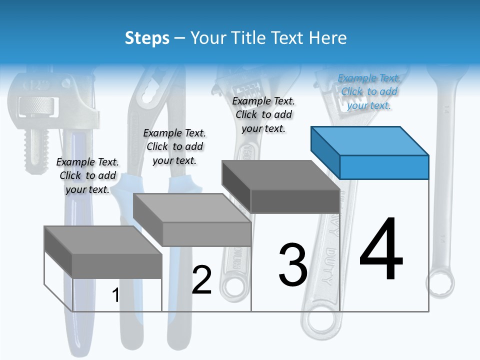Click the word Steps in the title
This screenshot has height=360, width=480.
click(147, 38)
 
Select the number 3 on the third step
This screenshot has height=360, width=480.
click(292, 265)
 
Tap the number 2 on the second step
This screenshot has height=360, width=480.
click(201, 280)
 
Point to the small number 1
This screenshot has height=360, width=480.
click(115, 295)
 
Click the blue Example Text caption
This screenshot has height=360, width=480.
click(369, 91)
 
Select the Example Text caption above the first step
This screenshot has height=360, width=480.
click(87, 175)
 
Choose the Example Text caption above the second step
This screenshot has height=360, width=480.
click(174, 146)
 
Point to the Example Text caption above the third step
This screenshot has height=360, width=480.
click(263, 114)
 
